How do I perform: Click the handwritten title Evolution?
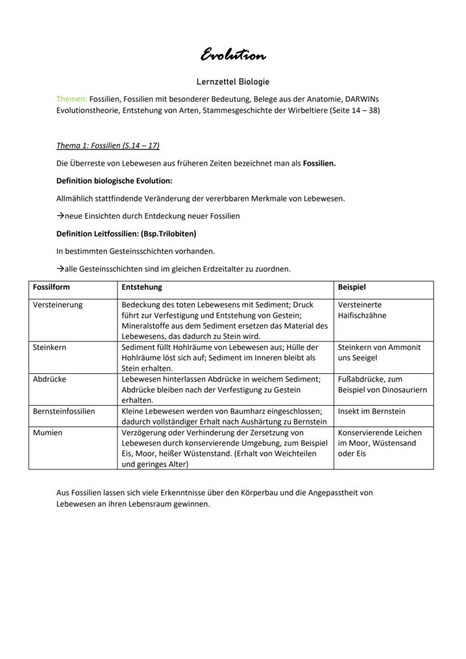pyautogui.click(x=233, y=55)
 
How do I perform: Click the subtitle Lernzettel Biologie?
pyautogui.click(x=233, y=82)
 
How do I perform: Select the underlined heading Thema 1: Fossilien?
pyautogui.click(x=107, y=146)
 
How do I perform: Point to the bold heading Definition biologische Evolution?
pyautogui.click(x=114, y=181)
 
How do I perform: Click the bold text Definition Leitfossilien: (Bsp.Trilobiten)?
pyautogui.click(x=126, y=234)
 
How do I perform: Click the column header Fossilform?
pyautogui.click(x=51, y=287)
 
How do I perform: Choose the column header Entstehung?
pyautogui.click(x=142, y=287)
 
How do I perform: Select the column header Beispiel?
pyautogui.click(x=352, y=287)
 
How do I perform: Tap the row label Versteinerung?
pyautogui.click(x=58, y=305)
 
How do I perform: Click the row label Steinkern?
pyautogui.click(x=50, y=347)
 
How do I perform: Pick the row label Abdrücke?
pyautogui.click(x=50, y=379)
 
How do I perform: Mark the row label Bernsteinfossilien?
pyautogui.click(x=64, y=411)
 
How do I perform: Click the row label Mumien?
pyautogui.click(x=48, y=433)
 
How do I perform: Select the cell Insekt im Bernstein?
pyautogui.click(x=371, y=411)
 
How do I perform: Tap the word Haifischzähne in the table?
pyautogui.click(x=362, y=316)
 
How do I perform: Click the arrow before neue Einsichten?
pyautogui.click(x=60, y=216)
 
